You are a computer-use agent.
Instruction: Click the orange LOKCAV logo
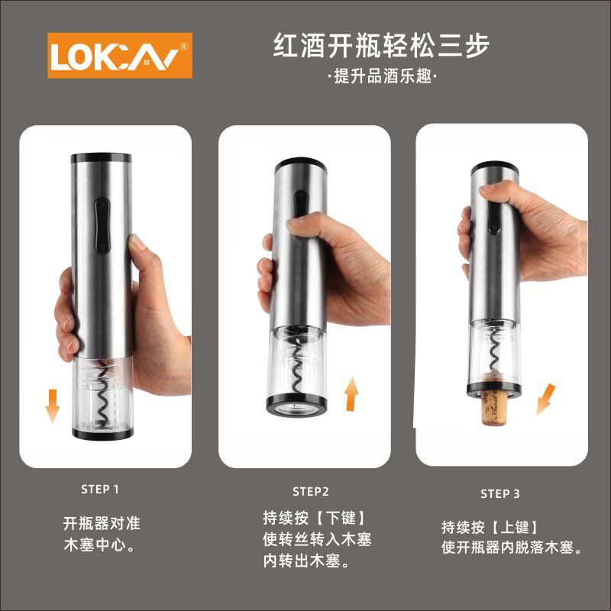point(121,56)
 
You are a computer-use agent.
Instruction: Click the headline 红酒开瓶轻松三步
point(381,46)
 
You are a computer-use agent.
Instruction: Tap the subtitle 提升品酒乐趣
point(381,78)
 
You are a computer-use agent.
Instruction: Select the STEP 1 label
point(100,489)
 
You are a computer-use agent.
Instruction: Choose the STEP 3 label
point(500,493)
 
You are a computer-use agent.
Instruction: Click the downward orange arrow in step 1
point(52,405)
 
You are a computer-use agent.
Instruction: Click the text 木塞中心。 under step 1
point(99,546)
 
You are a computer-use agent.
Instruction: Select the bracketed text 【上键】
point(516,526)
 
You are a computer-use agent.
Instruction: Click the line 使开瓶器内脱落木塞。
point(515,548)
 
